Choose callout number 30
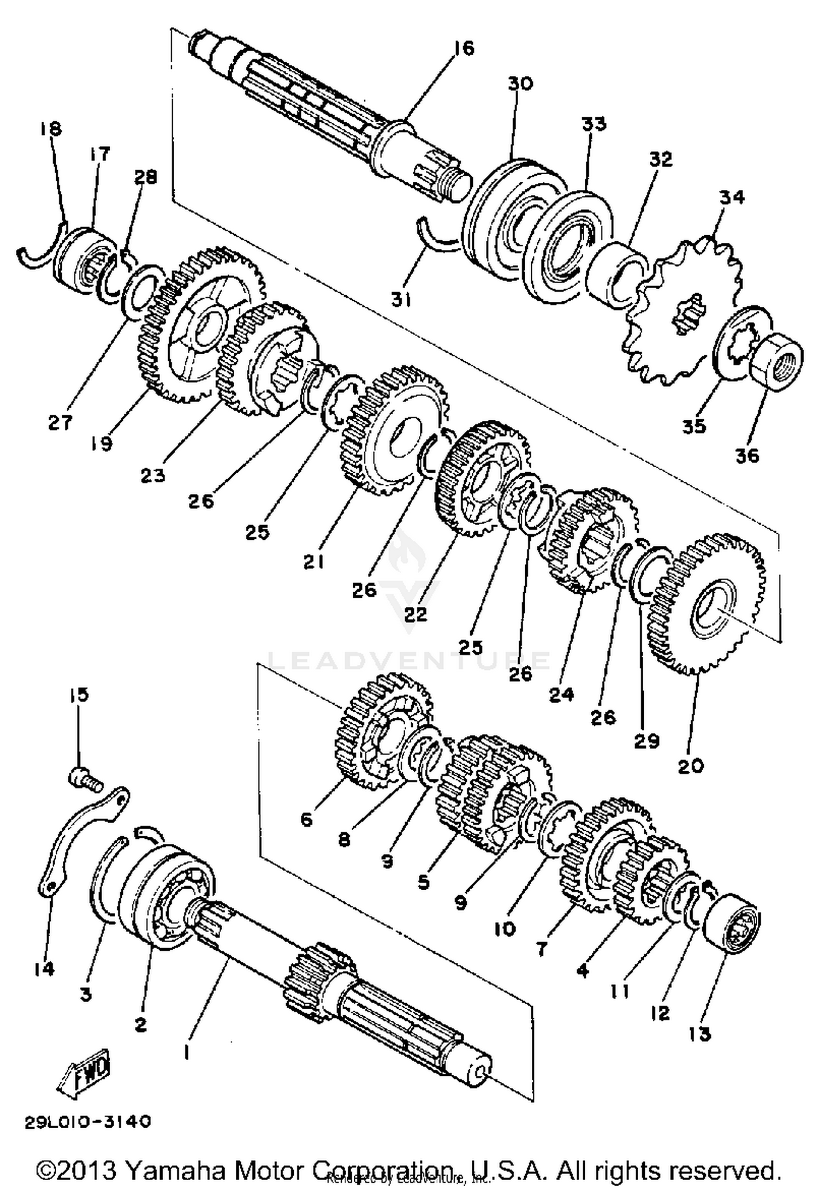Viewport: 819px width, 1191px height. click(520, 84)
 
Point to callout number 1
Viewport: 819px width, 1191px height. click(187, 1050)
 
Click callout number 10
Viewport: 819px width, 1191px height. click(505, 928)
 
